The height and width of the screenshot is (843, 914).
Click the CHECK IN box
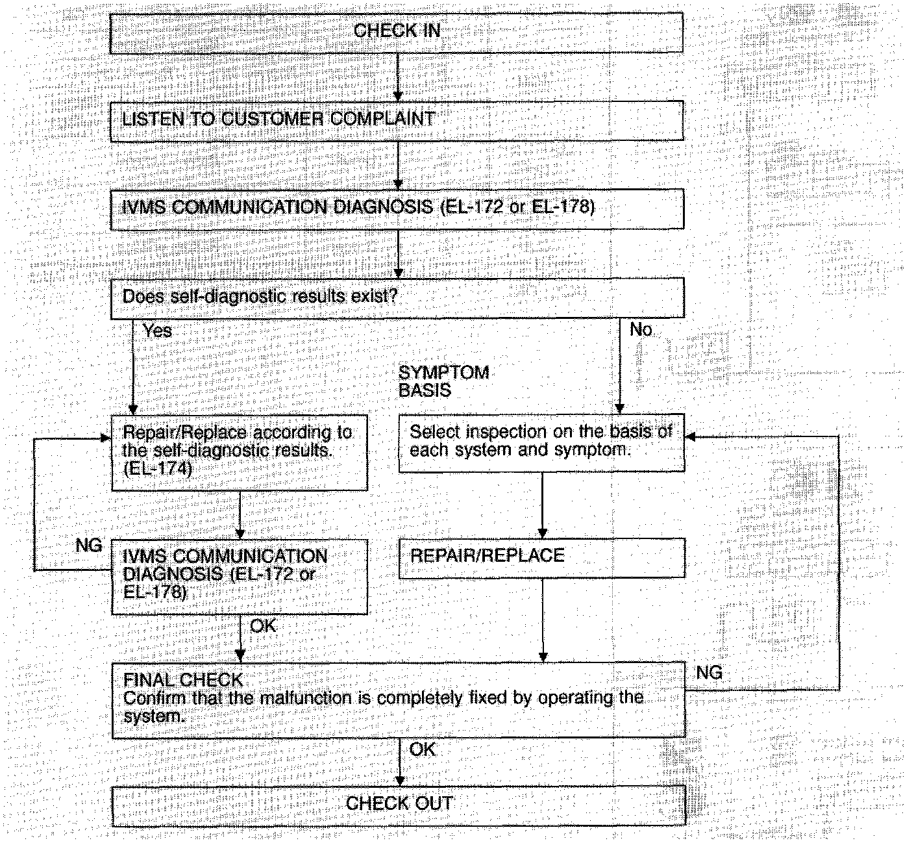click(397, 31)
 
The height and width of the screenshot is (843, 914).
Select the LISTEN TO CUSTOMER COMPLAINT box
click(397, 120)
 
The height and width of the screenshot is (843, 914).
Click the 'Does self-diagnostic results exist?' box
click(397, 297)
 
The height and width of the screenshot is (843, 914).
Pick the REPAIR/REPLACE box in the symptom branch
click(541, 557)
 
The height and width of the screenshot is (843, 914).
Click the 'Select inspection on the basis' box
click(541, 442)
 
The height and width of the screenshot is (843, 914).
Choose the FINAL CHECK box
click(399, 699)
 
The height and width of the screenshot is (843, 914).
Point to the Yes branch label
click(158, 331)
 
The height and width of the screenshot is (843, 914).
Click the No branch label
click(641, 330)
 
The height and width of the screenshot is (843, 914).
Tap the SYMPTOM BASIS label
click(443, 381)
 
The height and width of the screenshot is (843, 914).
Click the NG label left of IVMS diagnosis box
click(89, 545)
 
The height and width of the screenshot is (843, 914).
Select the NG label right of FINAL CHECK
click(709, 673)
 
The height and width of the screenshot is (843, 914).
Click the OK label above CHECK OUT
click(423, 749)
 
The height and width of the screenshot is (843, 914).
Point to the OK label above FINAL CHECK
click(263, 626)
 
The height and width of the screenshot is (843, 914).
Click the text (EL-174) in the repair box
click(158, 468)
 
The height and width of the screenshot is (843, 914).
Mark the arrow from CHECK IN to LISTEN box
click(399, 76)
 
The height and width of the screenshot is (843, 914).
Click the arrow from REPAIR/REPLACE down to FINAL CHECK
click(543, 620)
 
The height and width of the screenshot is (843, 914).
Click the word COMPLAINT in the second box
click(382, 120)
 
